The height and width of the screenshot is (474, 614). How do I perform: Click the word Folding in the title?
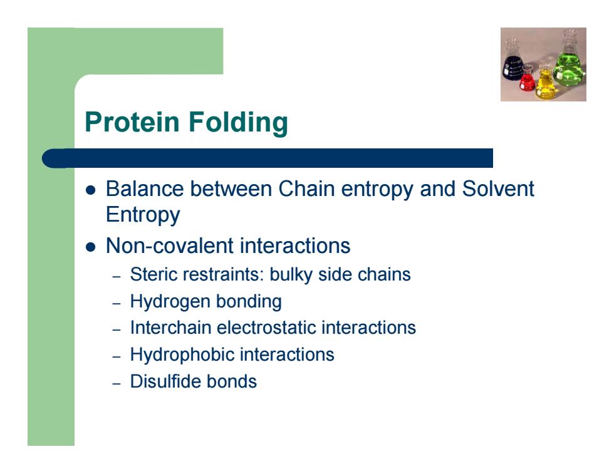[x=238, y=123]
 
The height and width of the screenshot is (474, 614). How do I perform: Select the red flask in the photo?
[x=527, y=78]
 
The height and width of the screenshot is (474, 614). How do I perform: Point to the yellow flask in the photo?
[x=546, y=82]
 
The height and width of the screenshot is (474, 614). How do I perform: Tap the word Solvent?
[x=498, y=188]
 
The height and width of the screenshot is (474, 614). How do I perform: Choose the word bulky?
[x=291, y=275]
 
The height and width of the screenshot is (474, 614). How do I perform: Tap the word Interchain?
[x=170, y=327]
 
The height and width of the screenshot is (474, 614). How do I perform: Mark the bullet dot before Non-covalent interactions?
[x=90, y=247]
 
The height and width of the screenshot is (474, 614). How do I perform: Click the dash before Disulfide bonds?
[x=117, y=383]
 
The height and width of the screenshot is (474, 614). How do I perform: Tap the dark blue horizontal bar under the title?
[x=268, y=158]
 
